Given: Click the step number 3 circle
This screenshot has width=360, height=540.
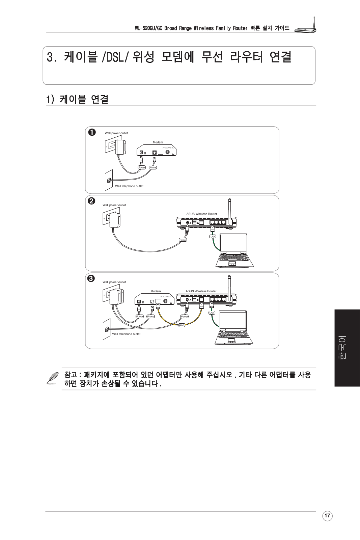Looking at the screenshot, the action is [91, 278].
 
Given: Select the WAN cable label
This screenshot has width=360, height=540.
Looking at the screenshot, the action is [182, 325].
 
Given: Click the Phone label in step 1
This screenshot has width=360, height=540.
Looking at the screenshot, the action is [153, 167].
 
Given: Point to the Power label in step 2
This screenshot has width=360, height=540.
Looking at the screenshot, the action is [183, 240].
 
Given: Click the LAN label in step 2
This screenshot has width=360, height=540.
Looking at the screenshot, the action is [213, 237].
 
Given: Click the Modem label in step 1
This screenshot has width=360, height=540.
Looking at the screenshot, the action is [158, 142].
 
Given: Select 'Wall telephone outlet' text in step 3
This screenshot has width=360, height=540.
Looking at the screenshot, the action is [126, 334].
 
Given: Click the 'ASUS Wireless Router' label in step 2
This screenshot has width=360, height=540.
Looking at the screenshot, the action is [202, 214].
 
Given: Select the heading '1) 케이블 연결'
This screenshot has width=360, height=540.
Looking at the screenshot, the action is [77, 99].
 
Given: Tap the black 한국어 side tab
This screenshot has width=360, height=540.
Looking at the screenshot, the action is [347, 348].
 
